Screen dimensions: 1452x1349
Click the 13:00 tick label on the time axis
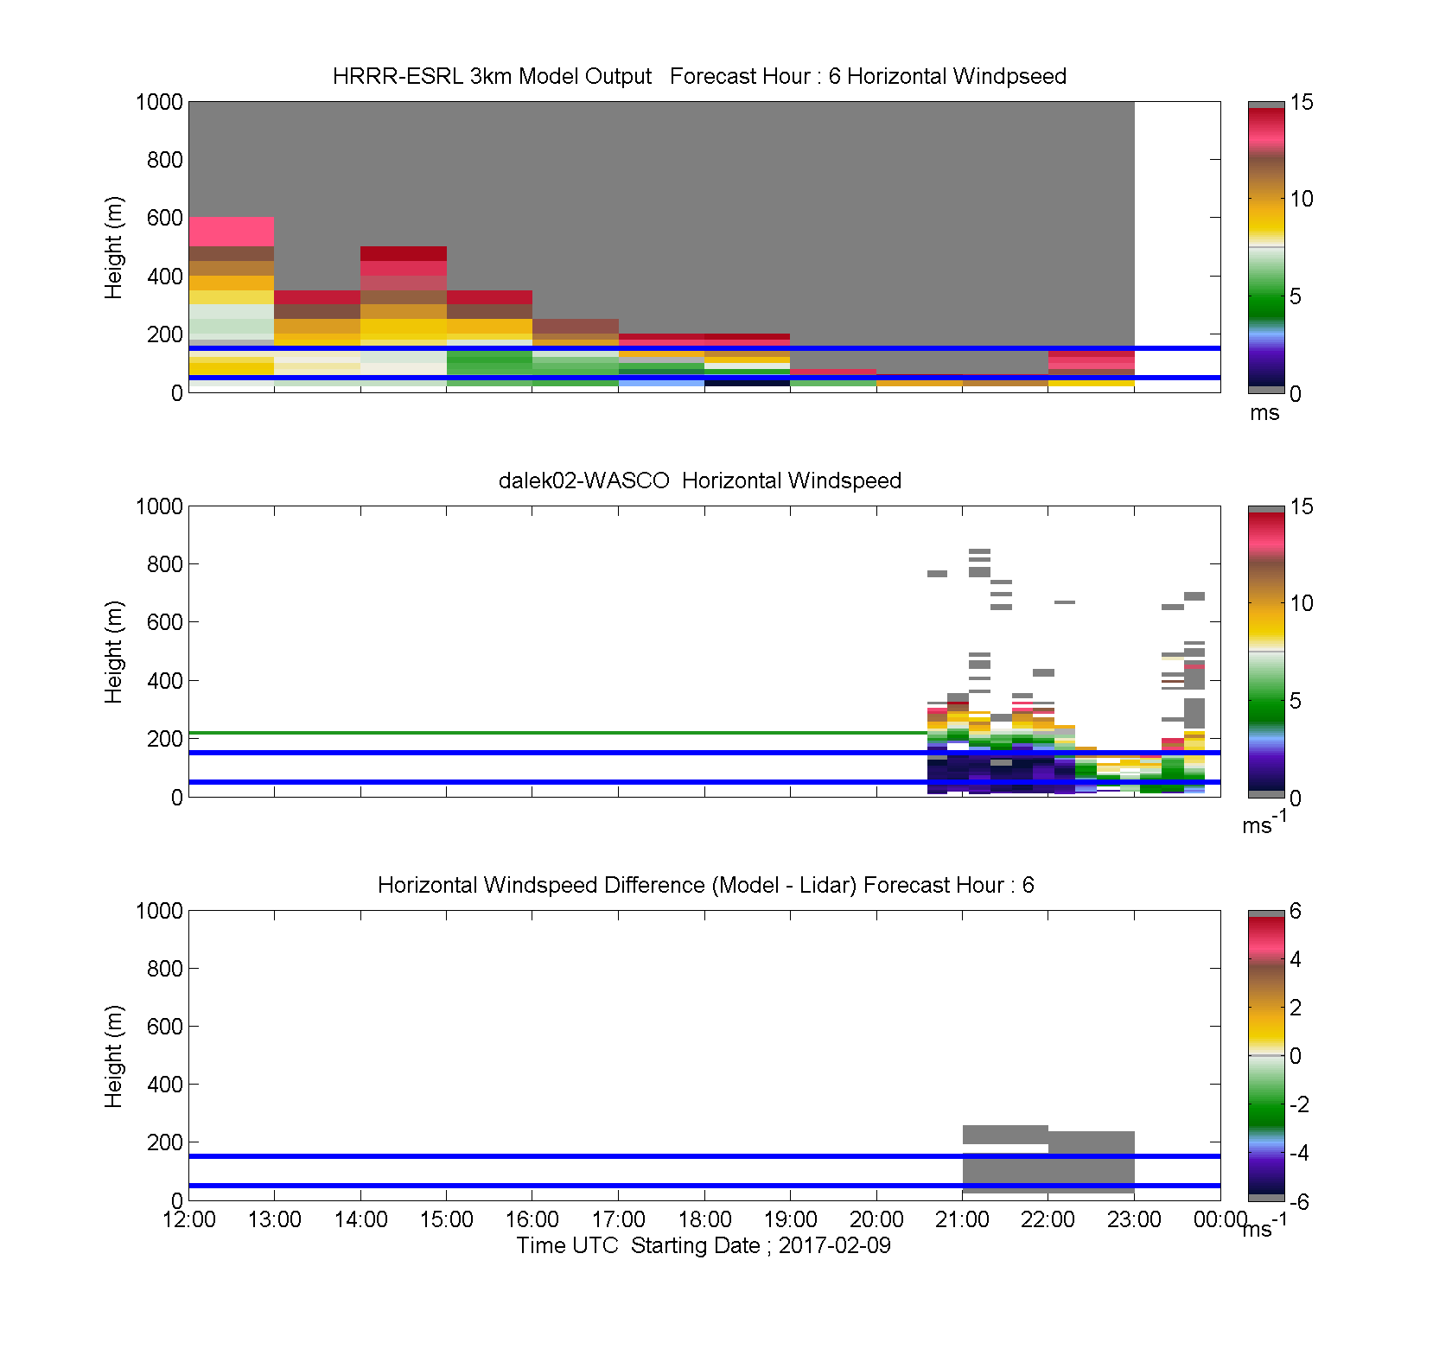point(275,1219)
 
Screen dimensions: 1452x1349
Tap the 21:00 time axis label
point(962,1219)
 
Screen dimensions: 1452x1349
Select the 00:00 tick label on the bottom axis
point(1220,1219)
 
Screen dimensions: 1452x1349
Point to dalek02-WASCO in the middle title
point(584,480)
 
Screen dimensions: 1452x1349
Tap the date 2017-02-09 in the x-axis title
point(834,1245)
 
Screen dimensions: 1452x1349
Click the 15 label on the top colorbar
point(1302,102)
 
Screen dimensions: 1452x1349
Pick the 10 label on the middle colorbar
point(1302,603)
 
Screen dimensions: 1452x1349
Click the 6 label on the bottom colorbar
point(1296,911)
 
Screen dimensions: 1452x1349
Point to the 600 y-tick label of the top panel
point(165,218)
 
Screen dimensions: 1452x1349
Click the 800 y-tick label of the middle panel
point(165,564)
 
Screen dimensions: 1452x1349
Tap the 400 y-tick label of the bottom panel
point(165,1085)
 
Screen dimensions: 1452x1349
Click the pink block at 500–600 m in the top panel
point(232,232)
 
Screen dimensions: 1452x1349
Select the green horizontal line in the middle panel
point(558,733)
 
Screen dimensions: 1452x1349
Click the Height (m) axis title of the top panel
point(113,248)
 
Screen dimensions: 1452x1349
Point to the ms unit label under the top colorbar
point(1264,413)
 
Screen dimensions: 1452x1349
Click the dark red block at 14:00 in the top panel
point(404,253)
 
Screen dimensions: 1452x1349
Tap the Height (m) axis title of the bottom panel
point(113,1056)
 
